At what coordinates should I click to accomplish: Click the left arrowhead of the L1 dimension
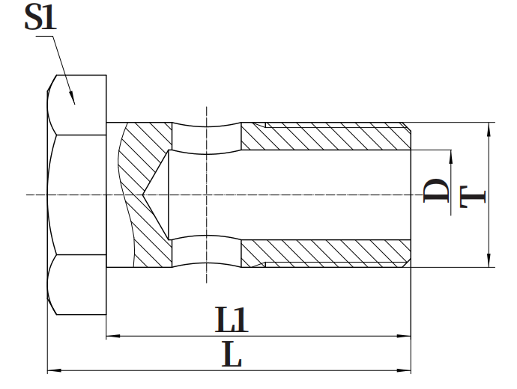[111, 337]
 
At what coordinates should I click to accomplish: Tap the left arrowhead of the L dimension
[52, 370]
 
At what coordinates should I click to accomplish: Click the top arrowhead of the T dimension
[489, 127]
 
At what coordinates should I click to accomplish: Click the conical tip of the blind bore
[145, 195]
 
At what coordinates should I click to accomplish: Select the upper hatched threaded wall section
[330, 135]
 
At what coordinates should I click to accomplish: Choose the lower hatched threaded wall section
[330, 254]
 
